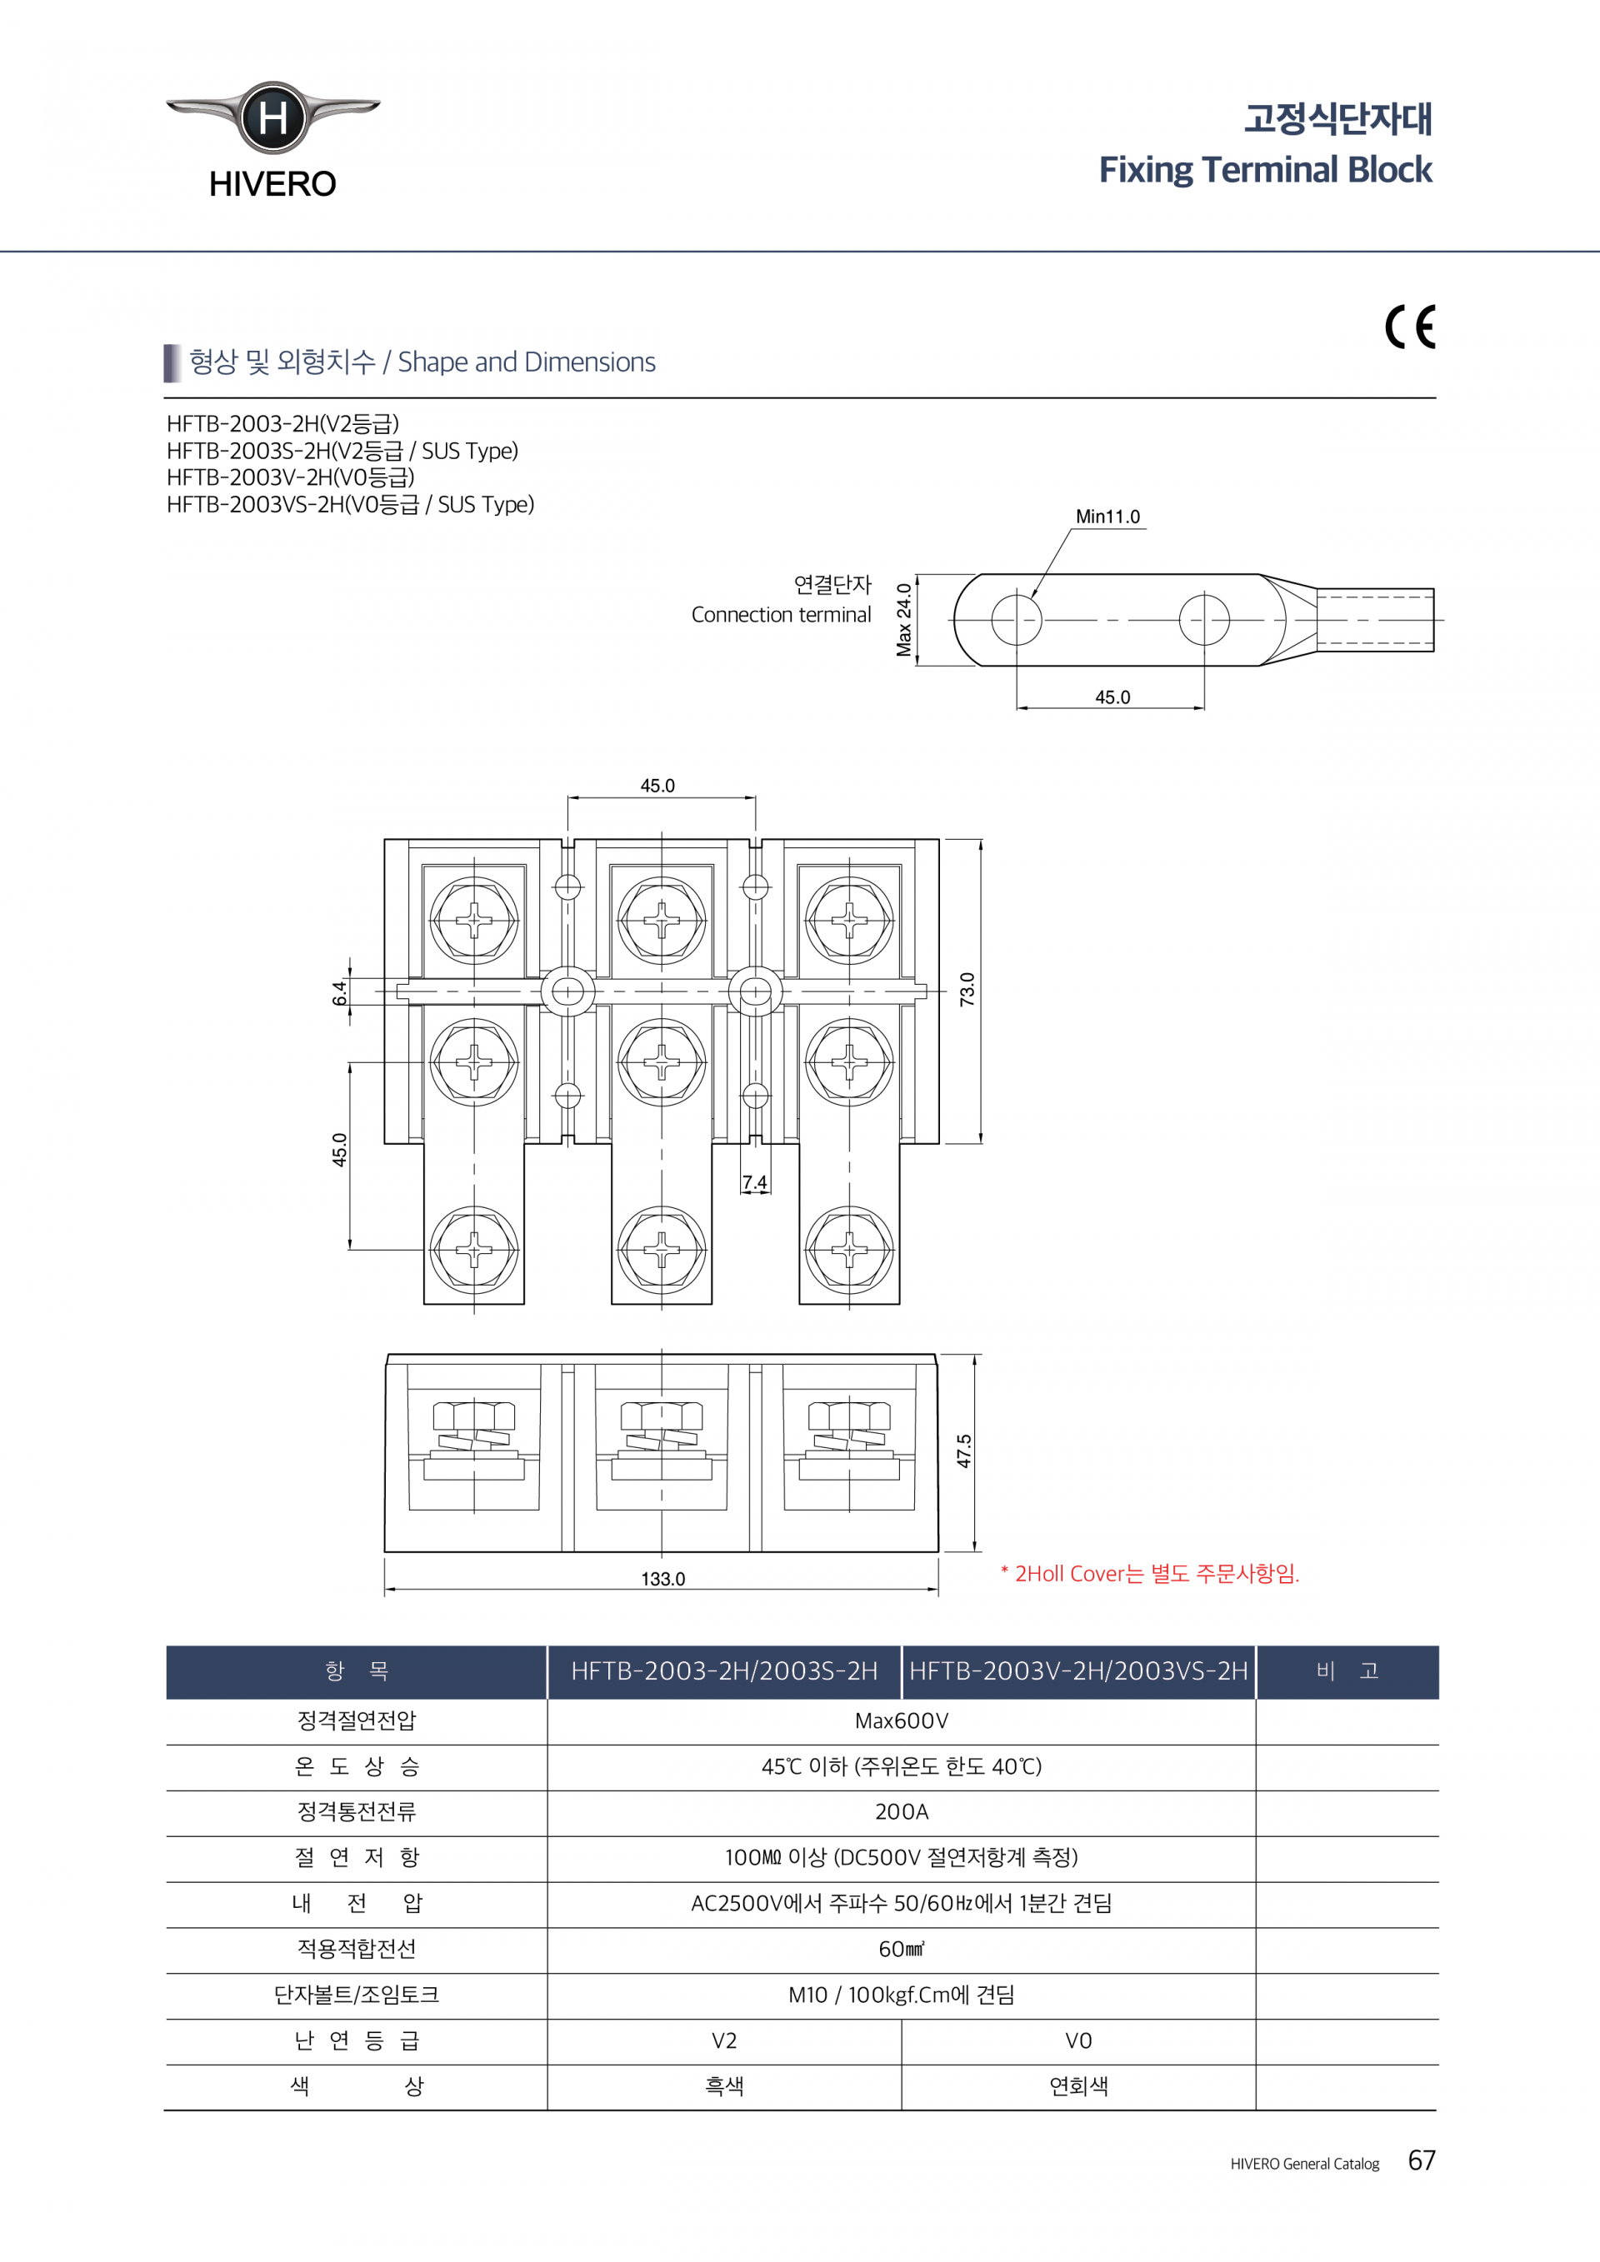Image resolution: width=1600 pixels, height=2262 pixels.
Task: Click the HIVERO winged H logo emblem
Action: (272, 118)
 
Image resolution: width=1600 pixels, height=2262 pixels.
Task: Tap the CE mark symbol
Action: (1410, 327)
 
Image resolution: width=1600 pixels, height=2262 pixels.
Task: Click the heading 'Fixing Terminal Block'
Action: (1265, 171)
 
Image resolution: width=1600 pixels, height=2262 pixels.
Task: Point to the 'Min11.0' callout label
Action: (1107, 517)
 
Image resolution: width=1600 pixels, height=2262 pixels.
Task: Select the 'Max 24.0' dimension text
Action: (903, 620)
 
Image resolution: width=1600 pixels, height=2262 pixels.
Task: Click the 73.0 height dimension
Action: (967, 989)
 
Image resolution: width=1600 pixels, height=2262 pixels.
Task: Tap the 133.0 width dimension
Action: (663, 1580)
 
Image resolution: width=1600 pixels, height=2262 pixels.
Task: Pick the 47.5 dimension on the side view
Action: (964, 1451)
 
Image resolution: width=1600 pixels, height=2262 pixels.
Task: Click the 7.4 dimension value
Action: (755, 1182)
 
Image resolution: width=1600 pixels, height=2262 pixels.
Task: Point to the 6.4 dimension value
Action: (340, 992)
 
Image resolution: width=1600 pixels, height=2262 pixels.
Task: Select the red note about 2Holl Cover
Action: (1150, 1573)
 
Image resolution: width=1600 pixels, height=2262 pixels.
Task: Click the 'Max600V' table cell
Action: (902, 1721)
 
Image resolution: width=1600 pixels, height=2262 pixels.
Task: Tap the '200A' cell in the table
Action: (902, 1812)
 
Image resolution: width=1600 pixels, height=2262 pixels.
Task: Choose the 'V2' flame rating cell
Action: (724, 2040)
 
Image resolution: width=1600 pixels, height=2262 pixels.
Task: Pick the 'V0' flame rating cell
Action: (1079, 2040)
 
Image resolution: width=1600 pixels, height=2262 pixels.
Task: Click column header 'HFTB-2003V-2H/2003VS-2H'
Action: (1079, 1671)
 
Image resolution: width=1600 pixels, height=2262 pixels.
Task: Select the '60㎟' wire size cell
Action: (902, 1949)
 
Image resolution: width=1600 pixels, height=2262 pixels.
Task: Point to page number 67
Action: (1422, 2160)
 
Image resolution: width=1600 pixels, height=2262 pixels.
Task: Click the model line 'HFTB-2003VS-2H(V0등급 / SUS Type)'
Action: (351, 504)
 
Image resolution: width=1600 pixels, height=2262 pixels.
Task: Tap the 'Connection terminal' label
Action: (782, 615)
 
